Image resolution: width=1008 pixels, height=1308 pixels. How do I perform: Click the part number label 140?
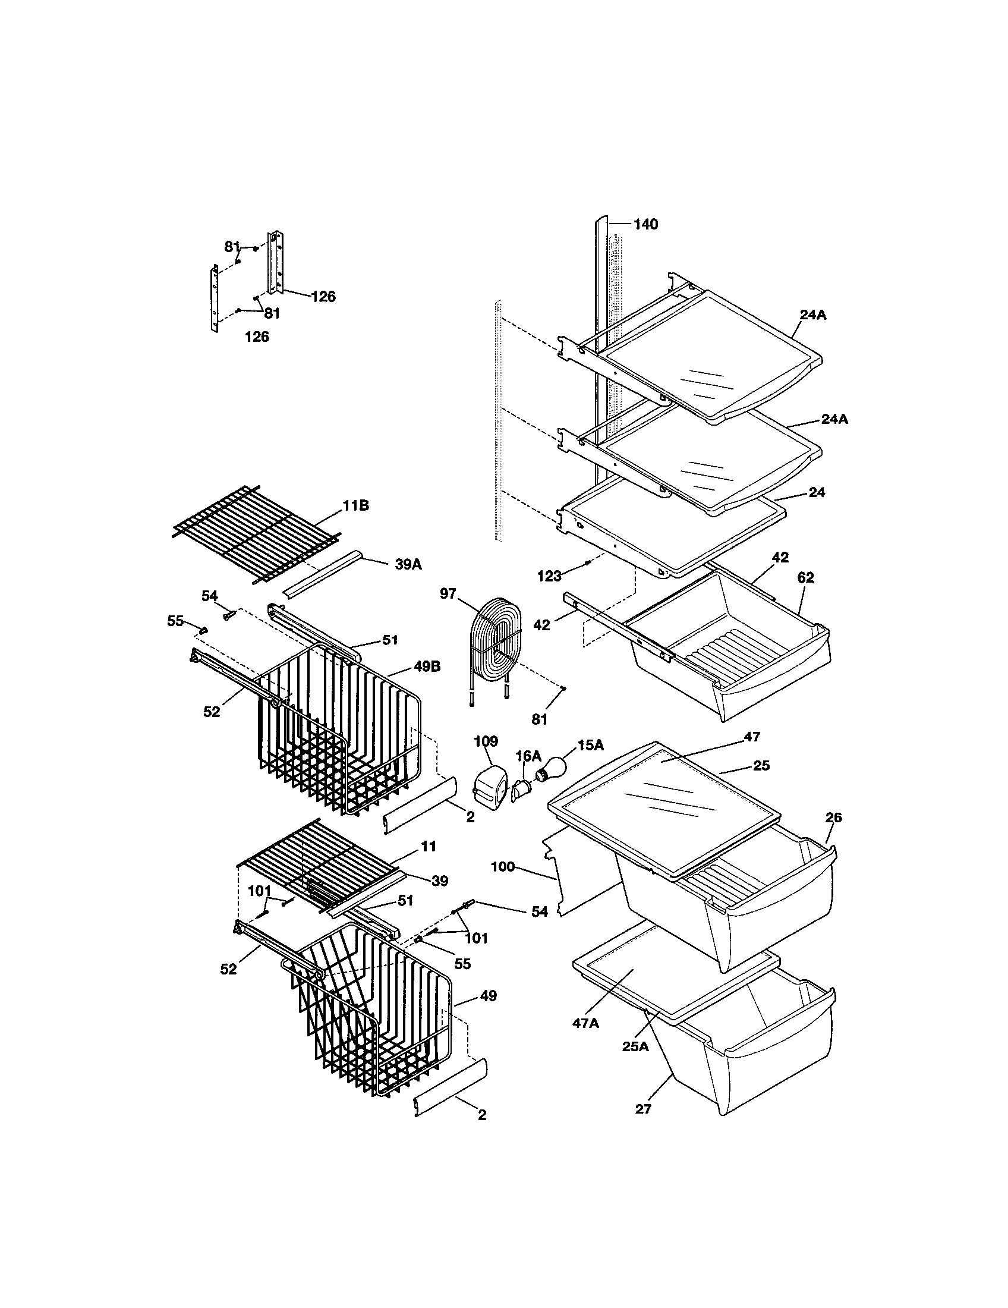(645, 224)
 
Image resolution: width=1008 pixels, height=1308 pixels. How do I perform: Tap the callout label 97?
(448, 593)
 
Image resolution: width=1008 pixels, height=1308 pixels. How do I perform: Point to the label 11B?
(355, 506)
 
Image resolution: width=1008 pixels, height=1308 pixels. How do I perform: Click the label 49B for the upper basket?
(426, 666)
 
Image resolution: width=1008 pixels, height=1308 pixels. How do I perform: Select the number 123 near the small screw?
(550, 576)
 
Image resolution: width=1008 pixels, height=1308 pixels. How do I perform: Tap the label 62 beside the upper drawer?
(806, 578)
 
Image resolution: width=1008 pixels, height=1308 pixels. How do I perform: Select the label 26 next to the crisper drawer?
(833, 818)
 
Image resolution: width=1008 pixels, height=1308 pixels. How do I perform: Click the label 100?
(502, 867)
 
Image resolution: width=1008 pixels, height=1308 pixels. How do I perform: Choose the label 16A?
(528, 756)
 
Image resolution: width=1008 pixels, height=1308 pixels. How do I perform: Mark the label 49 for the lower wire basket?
(488, 996)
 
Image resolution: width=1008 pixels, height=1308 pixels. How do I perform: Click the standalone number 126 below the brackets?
(257, 337)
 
